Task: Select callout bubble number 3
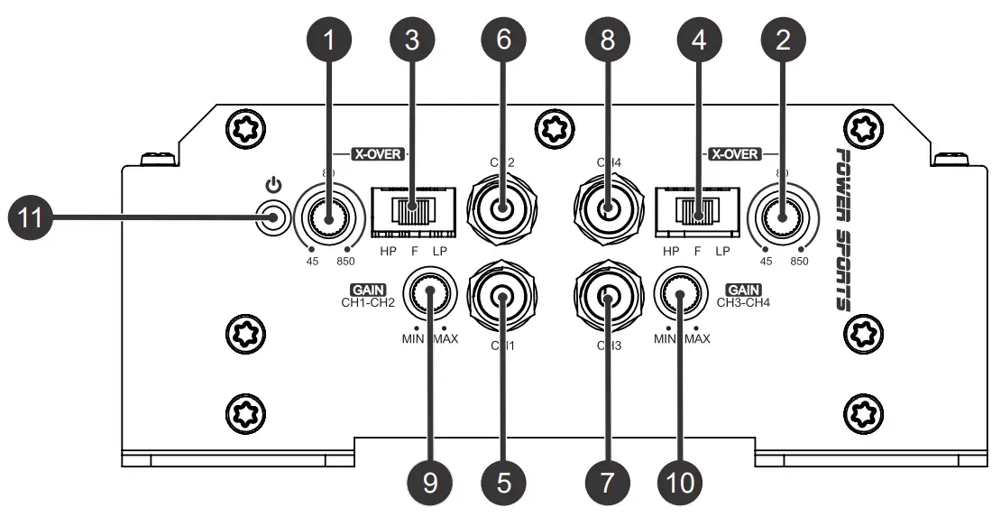pyautogui.click(x=412, y=40)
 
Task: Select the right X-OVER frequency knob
pyautogui.click(x=782, y=217)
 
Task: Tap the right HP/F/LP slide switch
pyautogui.click(x=694, y=215)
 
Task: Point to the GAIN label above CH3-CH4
pyautogui.click(x=743, y=291)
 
